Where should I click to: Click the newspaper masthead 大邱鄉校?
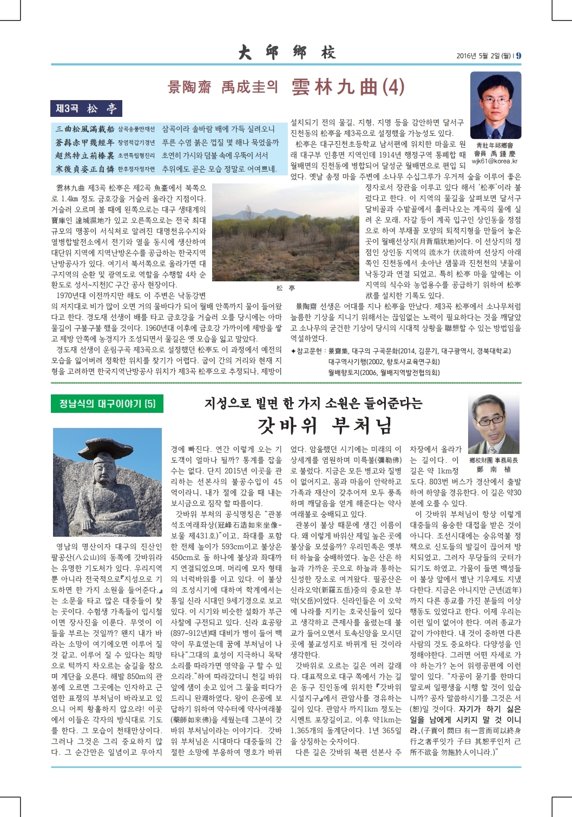pos(286,52)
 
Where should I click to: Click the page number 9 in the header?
pos(518,55)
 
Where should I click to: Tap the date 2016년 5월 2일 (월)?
pos(483,56)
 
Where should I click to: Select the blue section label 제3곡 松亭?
pos(86,109)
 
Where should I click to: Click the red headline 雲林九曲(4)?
pos(347,87)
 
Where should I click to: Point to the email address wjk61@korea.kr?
pos(495,161)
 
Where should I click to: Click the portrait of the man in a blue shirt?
pos(495,106)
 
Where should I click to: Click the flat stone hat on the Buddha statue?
pos(106,445)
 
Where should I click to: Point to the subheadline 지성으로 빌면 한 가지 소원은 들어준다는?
pos(313,404)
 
